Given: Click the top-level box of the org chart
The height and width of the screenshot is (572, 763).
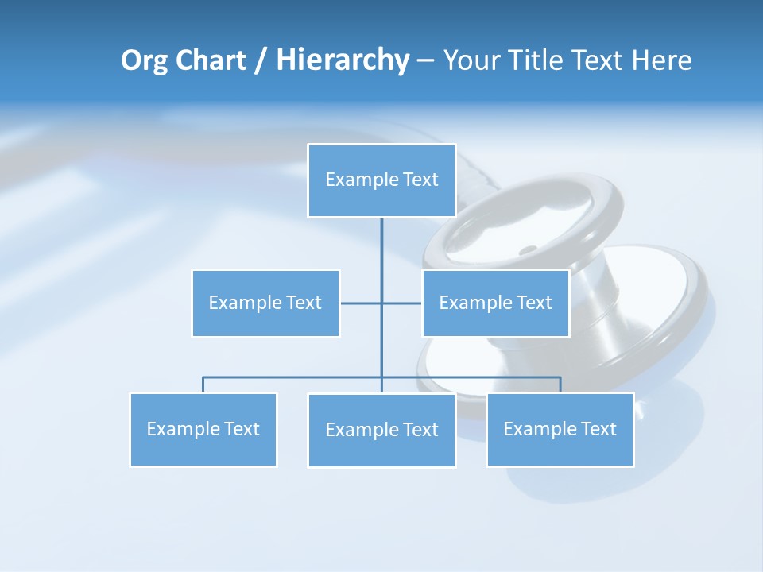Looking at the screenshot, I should (x=381, y=180).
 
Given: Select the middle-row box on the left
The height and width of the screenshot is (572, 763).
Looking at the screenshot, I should (x=265, y=303).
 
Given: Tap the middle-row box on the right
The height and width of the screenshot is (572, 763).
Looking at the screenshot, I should (x=495, y=303).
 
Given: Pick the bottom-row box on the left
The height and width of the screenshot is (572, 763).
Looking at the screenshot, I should (x=203, y=430).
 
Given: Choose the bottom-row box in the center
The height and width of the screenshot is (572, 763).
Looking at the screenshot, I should (x=381, y=431).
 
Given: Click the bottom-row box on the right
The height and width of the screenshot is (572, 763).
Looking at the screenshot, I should (x=560, y=430).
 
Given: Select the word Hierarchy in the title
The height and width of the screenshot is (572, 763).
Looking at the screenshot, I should (x=342, y=60).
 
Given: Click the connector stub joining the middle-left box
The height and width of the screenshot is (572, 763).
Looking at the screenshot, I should (x=360, y=303).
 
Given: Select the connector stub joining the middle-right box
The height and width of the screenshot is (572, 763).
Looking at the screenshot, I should (x=402, y=303).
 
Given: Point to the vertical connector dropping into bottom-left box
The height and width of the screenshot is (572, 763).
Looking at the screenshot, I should (x=203, y=385).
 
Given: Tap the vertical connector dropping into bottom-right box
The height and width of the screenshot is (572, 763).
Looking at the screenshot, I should (x=560, y=385).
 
